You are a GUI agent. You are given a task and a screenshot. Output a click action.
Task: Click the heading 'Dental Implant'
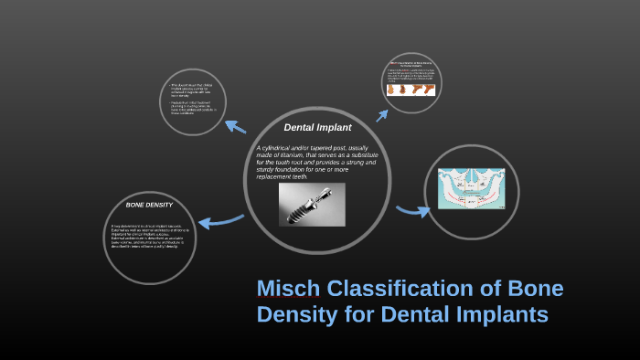(317, 127)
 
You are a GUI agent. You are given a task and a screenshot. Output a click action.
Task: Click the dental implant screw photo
(312, 205)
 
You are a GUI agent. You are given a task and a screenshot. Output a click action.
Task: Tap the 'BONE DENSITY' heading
(149, 205)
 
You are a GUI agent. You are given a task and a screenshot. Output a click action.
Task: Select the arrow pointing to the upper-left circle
(236, 127)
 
